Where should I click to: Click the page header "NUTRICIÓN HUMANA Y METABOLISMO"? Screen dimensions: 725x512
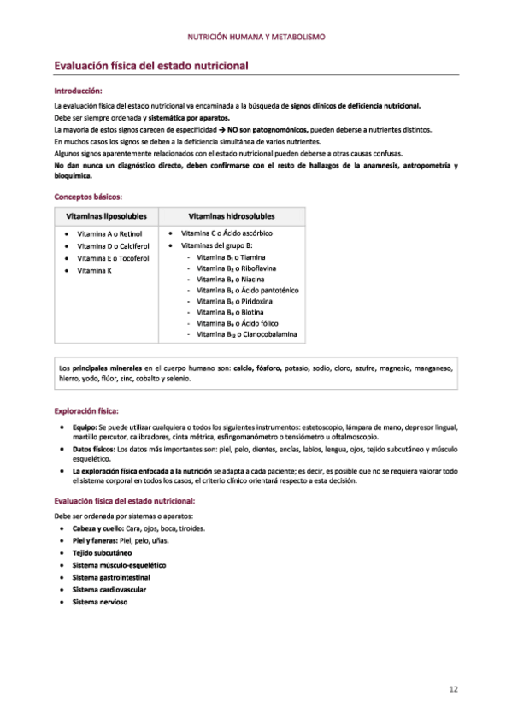coord(256,38)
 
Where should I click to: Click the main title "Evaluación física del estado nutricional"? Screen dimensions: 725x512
coord(150,65)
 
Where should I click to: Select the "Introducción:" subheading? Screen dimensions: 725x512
coord(78,90)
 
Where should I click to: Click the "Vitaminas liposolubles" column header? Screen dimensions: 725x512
coord(106,216)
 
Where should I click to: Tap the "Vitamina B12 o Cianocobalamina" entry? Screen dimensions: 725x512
coord(246,334)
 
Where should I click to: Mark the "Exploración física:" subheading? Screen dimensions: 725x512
coord(86,410)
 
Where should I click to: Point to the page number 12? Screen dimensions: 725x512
coord(454,688)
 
